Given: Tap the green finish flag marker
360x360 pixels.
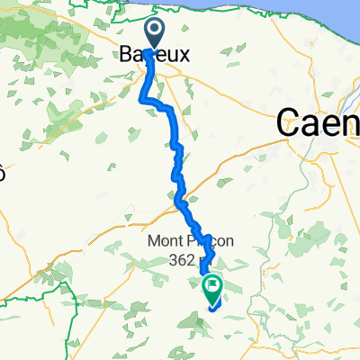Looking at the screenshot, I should (213, 289).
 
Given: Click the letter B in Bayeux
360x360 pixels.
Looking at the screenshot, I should (125, 56).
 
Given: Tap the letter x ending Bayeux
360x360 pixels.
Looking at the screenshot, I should (184, 56).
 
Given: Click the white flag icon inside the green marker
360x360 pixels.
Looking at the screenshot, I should (213, 288).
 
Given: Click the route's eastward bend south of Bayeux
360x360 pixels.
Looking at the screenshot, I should (162, 106).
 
